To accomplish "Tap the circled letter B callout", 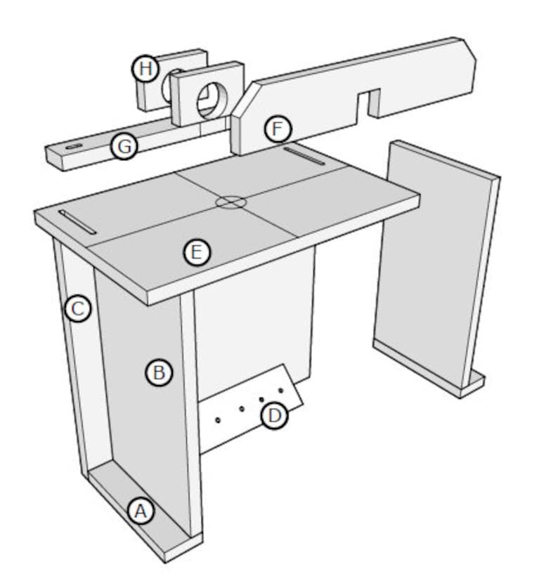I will [x=159, y=372].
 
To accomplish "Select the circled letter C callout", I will [x=78, y=308].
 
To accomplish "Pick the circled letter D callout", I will [x=275, y=416].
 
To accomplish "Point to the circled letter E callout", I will [x=197, y=252].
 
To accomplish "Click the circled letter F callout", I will [x=278, y=130].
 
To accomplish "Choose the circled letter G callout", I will [x=124, y=146].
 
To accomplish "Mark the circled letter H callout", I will [x=145, y=69].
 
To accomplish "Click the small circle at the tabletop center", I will [x=231, y=202].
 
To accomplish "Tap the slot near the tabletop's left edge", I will [x=77, y=222].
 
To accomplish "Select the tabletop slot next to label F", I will [x=304, y=155].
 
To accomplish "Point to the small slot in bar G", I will [x=73, y=147].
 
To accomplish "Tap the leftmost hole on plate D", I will [x=218, y=419].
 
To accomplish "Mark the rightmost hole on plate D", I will [x=280, y=390].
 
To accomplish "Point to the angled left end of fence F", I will [x=242, y=119].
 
